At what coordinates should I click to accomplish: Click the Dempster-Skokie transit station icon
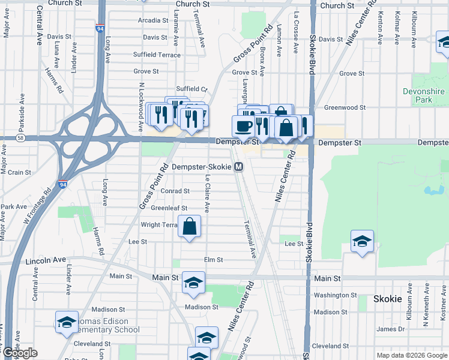(239, 167)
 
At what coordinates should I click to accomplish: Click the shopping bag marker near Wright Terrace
(190, 227)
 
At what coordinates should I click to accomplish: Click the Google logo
(20, 353)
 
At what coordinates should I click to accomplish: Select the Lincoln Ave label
(46, 262)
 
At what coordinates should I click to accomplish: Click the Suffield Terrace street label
(157, 55)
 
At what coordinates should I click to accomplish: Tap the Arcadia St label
(152, 20)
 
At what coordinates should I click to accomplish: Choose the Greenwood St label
(345, 108)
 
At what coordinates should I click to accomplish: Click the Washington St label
(335, 295)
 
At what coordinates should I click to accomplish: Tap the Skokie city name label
(387, 299)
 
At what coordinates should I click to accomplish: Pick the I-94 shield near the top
(99, 28)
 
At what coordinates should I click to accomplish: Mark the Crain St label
(19, 172)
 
